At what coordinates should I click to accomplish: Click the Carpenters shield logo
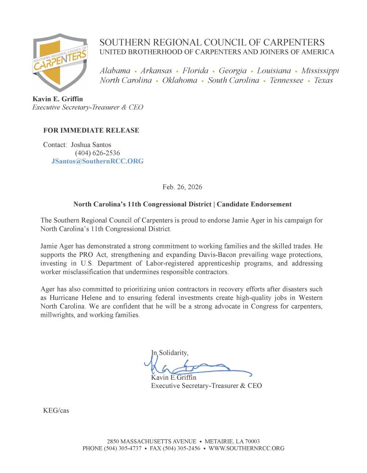pyautogui.click(x=60, y=63)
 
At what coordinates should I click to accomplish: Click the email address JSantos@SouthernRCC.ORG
pyautogui.click(x=97, y=161)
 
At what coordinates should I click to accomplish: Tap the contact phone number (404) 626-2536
pyautogui.click(x=98, y=153)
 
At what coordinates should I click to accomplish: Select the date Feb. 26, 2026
pyautogui.click(x=182, y=187)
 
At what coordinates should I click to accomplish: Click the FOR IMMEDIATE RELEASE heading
pyautogui.click(x=91, y=130)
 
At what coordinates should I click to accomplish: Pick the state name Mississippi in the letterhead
pyautogui.click(x=320, y=71)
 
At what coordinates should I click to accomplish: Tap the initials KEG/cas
pyautogui.click(x=56, y=410)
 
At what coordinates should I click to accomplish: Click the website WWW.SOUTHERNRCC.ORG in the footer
pyautogui.click(x=246, y=448)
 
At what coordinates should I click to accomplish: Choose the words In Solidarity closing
pyautogui.click(x=170, y=352)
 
